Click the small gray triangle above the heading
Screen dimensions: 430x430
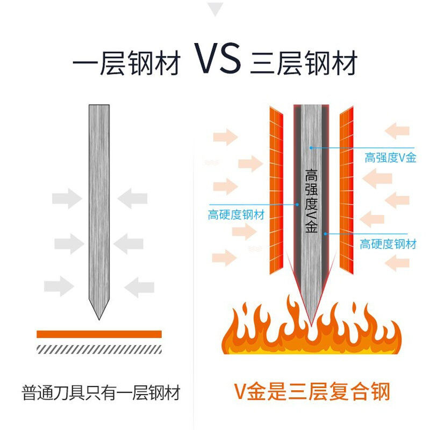tap(215, 9)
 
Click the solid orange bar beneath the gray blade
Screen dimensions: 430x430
tap(99, 334)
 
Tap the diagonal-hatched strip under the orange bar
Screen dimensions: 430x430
tap(99, 349)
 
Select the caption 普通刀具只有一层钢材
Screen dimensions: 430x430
tap(101, 393)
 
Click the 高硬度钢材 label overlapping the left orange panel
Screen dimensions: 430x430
tap(236, 215)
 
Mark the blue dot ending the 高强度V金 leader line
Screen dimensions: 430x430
tap(311, 147)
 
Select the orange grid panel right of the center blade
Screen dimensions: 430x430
tap(347, 188)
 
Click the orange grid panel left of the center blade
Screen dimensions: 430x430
tap(275, 188)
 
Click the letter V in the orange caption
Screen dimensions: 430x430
tap(240, 393)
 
